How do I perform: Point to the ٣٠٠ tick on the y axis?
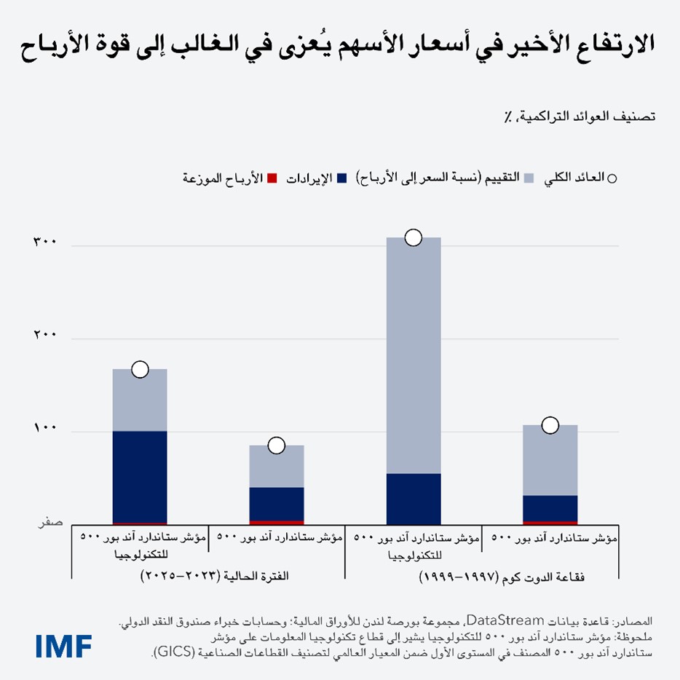(x=45, y=243)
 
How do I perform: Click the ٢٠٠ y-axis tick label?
(x=45, y=336)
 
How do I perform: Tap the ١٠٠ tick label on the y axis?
(x=45, y=429)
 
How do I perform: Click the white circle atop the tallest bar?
(x=414, y=237)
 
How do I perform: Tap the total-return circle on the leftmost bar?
(x=140, y=369)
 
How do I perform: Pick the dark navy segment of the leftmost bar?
(x=140, y=476)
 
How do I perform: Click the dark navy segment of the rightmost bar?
(x=550, y=508)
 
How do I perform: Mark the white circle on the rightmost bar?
(x=550, y=424)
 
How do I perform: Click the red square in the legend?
(x=272, y=178)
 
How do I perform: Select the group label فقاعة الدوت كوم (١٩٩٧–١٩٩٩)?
(x=502, y=577)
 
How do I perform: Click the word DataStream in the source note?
(x=515, y=621)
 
